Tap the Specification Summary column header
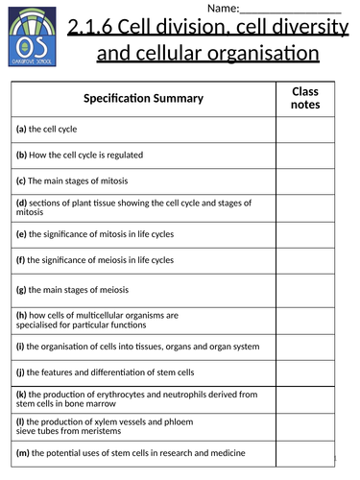[143, 98]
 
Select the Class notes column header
[309, 98]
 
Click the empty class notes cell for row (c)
[309, 180]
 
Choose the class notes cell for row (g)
[309, 289]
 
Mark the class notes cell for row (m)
[309, 452]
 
